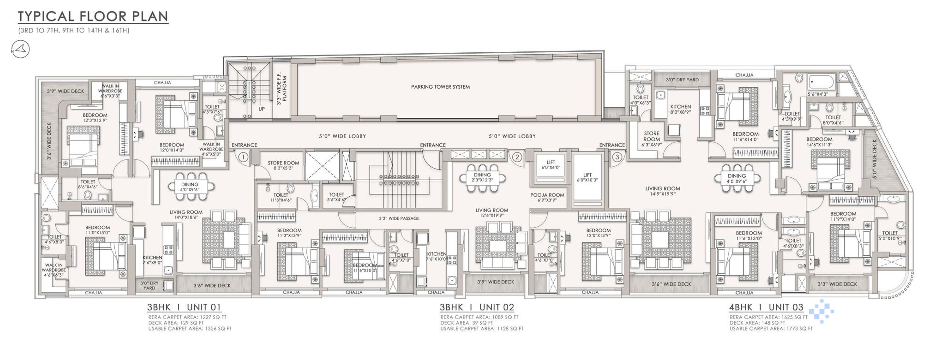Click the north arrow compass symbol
[20, 49]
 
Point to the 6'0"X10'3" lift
[587, 178]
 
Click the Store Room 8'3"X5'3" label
[283, 165]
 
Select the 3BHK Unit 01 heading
[184, 307]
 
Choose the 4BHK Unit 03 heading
[766, 307]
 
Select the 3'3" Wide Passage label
[399, 218]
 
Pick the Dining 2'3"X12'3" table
[482, 178]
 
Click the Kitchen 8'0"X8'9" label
[680, 109]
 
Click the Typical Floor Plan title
[93, 16]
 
